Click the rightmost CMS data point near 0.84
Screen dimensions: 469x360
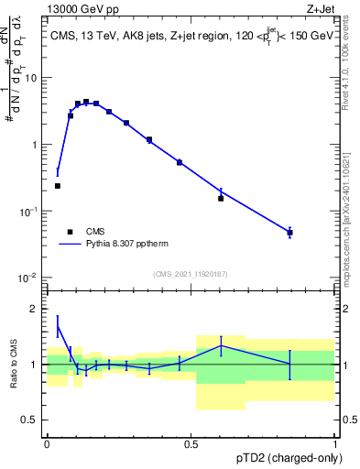[x=289, y=233]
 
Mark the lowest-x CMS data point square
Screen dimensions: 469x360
[x=58, y=186]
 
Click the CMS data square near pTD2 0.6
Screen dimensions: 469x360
[x=221, y=198]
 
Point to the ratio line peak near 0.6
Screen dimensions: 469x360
[x=221, y=345]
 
